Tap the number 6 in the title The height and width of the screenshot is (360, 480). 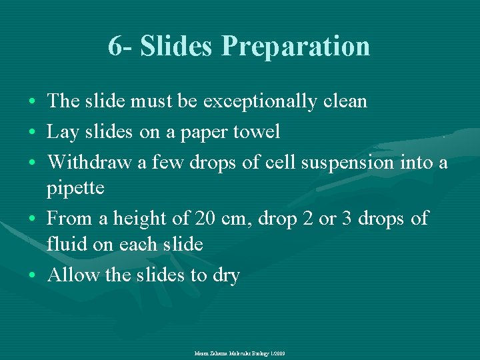click(115, 47)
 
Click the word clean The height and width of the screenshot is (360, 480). click(344, 101)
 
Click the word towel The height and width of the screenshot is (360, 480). click(255, 132)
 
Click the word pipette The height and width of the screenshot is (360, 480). click(75, 189)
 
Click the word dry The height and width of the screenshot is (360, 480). click(225, 276)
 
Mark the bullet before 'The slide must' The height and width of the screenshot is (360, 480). click(33, 102)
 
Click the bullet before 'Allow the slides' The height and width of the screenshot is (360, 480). click(33, 275)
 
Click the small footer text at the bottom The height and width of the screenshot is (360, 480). click(239, 353)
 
